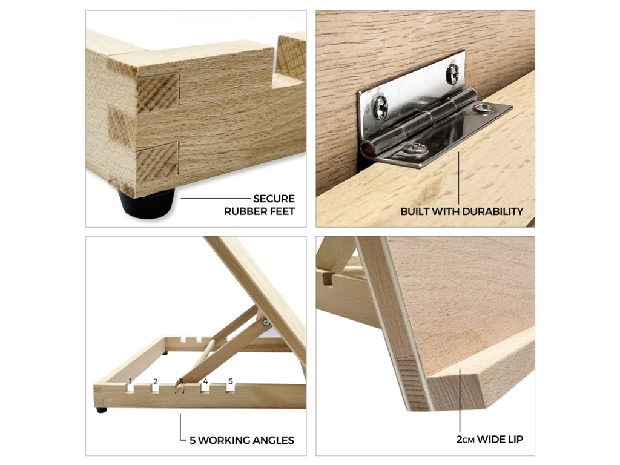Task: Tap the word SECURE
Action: [274, 199]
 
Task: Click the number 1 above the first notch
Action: [131, 382]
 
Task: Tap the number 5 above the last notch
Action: [231, 381]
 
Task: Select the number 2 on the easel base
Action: [156, 382]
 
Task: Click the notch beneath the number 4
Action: [205, 388]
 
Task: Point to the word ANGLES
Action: [272, 441]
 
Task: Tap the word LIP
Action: [515, 440]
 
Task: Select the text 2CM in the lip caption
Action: [466, 440]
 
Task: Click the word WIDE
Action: [490, 440]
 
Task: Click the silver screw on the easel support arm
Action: [266, 323]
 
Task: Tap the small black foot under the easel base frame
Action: [102, 411]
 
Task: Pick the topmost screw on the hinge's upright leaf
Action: [453, 74]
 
